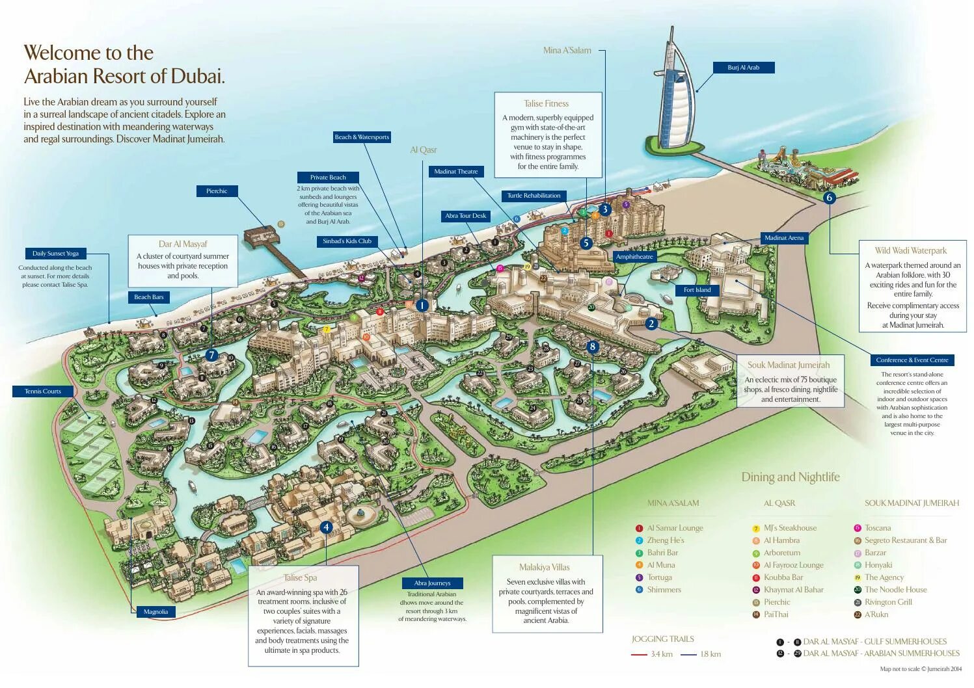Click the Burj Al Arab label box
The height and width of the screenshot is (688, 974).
pos(743,68)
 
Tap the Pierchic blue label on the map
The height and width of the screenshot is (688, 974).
pos(217,191)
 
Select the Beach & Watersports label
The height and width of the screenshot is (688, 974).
pos(362,137)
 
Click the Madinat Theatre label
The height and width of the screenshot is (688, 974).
pos(455,172)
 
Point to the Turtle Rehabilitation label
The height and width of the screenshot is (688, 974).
pos(534,196)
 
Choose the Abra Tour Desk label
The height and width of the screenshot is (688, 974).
pos(465,216)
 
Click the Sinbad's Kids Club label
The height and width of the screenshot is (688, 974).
pos(347,241)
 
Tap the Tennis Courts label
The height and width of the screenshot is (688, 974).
pos(43,391)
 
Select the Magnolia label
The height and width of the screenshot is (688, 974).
pos(156,612)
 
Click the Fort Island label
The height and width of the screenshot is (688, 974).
pos(697,290)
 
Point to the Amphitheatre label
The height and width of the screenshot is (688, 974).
pos(634,257)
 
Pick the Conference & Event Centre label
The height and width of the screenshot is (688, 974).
pos(912,360)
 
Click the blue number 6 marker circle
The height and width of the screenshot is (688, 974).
pos(829,198)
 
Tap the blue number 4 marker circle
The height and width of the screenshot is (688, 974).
pos(327,527)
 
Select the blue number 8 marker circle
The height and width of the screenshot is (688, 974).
pos(592,347)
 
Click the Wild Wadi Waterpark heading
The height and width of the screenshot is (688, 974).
pos(910,250)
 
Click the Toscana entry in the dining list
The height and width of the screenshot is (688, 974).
pos(878,528)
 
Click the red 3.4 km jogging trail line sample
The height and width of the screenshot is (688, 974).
pos(639,654)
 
